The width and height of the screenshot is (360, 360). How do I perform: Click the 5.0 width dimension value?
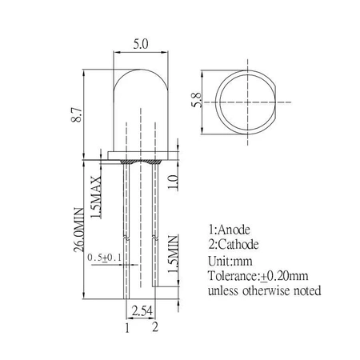click(x=140, y=46)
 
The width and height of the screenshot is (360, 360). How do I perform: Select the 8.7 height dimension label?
click(x=76, y=117)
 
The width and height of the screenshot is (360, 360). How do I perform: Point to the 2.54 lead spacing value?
click(x=141, y=309)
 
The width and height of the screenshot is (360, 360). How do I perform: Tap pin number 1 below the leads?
click(x=126, y=326)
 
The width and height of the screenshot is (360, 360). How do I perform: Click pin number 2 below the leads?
click(x=154, y=326)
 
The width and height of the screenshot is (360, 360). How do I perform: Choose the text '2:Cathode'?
click(x=238, y=244)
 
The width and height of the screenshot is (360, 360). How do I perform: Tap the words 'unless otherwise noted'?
click(x=264, y=290)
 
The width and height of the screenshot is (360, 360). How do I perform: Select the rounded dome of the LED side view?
click(x=140, y=88)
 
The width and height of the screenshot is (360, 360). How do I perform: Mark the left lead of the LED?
click(x=126, y=232)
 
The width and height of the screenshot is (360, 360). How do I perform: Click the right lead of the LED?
click(x=154, y=232)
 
